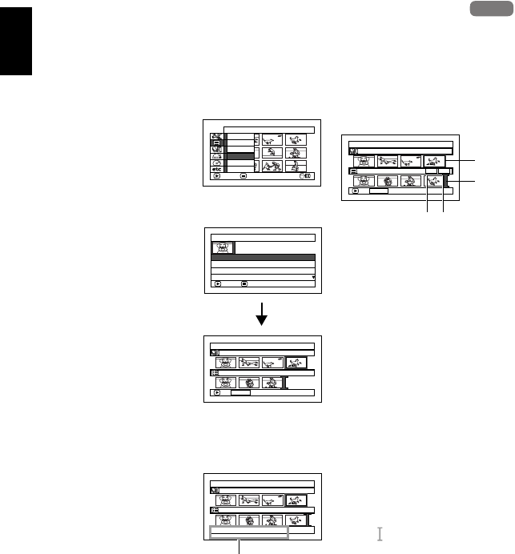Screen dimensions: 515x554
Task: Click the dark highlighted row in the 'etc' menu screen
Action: [x=240, y=155]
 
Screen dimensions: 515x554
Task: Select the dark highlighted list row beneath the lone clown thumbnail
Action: [x=263, y=258]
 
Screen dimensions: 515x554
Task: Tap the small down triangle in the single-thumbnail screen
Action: [x=312, y=277]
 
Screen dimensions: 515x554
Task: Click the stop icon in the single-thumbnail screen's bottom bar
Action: [x=245, y=283]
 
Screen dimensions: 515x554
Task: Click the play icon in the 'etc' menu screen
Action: [x=217, y=177]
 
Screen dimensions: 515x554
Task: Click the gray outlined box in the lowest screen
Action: [x=248, y=532]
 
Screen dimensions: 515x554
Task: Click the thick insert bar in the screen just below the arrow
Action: [x=284, y=383]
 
